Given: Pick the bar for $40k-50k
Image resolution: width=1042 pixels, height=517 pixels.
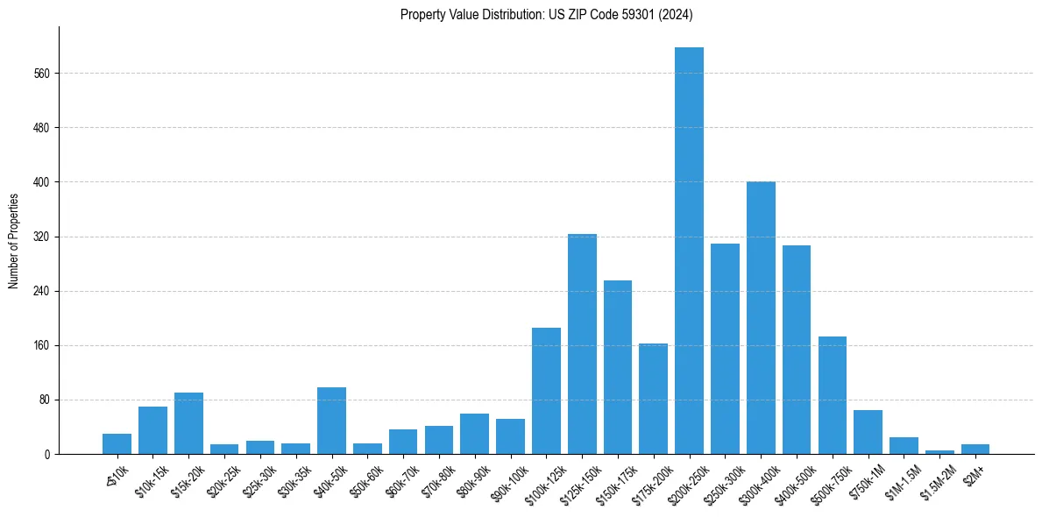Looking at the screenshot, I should (x=331, y=421).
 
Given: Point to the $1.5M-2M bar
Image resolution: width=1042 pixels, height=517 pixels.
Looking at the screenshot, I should (x=939, y=451).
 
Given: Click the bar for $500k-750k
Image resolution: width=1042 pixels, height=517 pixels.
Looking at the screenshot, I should (x=833, y=395).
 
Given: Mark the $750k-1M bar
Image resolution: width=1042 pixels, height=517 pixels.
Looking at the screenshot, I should (x=868, y=432).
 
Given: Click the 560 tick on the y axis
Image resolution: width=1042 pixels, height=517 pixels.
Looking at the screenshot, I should (x=41, y=74).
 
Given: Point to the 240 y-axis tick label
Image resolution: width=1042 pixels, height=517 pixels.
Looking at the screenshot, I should (x=41, y=291).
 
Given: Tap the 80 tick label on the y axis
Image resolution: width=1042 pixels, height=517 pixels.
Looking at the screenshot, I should (x=44, y=400).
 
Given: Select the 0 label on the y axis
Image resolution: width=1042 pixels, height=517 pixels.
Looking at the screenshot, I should (x=46, y=455).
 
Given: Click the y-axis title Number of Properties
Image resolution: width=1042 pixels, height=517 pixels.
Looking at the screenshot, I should (x=14, y=240).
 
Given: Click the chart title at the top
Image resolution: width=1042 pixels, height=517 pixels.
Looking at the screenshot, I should (x=547, y=15).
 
